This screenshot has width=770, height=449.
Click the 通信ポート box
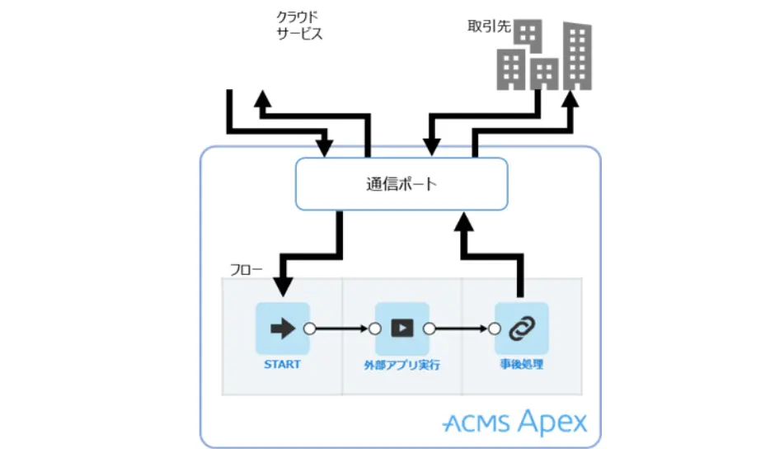401,184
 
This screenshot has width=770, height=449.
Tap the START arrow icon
283,328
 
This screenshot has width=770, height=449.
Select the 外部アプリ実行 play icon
402,328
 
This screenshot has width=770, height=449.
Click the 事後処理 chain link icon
521,328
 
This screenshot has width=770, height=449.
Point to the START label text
283,363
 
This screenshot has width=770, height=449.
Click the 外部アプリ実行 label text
401,364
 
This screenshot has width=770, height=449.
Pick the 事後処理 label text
521,364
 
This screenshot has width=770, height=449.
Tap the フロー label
243,269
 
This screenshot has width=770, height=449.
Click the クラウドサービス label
298,25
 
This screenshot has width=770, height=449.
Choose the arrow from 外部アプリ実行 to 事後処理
461,328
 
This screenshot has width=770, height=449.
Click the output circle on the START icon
310,328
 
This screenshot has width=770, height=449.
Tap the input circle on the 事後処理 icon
494,328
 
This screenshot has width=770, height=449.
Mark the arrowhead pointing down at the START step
283,286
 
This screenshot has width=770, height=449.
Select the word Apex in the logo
553,423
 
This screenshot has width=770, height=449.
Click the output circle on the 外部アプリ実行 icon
430,328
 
